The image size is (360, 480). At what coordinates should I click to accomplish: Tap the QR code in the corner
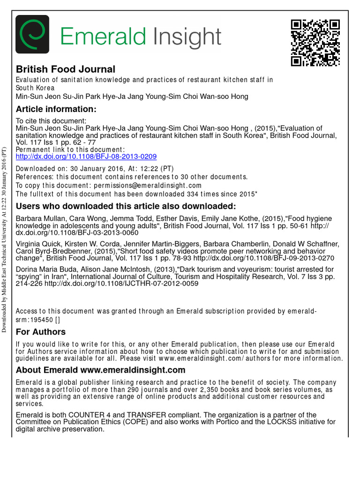pyautogui.click(x=315, y=43)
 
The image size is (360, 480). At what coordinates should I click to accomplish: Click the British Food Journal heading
pyautogui.click(x=66, y=69)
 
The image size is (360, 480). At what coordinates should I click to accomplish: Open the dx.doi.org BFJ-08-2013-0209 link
pyautogui.click(x=86, y=157)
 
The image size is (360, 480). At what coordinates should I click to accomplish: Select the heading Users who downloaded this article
pyautogui.click(x=126, y=207)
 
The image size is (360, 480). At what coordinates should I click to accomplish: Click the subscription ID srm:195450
pyautogui.click(x=34, y=320)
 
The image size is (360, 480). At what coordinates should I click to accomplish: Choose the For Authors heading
pyautogui.click(x=41, y=332)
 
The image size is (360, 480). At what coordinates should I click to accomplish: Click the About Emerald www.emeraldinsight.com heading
pyautogui.click(x=100, y=370)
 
